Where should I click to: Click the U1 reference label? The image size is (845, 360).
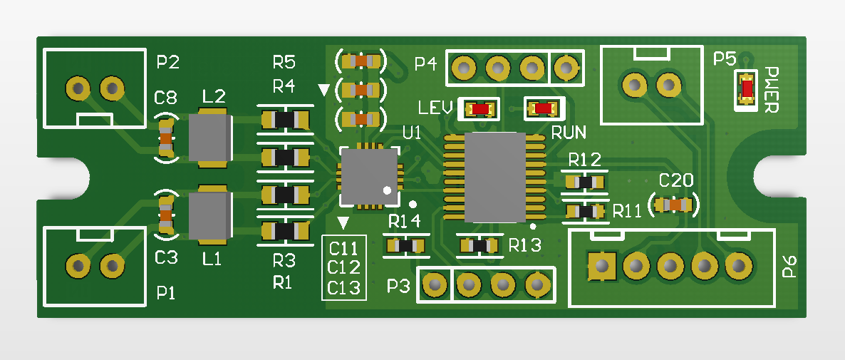[412, 133]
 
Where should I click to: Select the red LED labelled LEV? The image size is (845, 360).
[480, 109]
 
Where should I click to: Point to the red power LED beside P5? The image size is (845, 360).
[747, 88]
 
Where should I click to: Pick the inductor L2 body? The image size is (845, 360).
[209, 138]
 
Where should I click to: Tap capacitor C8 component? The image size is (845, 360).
[166, 138]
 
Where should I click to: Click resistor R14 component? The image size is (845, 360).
[405, 246]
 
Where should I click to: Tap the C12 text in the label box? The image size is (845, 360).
[345, 268]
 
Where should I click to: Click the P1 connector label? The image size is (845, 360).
[166, 292]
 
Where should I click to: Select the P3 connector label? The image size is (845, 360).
[399, 287]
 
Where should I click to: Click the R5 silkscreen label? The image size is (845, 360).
[284, 61]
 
